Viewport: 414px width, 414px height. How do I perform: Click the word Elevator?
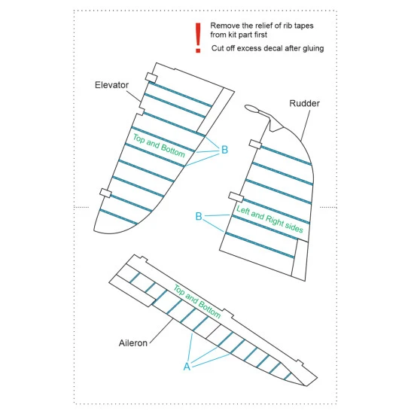112,85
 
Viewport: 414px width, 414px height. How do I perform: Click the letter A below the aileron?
187,366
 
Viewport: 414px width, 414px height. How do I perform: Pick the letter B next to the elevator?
224,150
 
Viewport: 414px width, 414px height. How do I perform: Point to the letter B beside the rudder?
199,217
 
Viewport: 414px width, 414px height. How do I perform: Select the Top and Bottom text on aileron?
196,302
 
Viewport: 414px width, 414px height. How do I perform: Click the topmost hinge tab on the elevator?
150,77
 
